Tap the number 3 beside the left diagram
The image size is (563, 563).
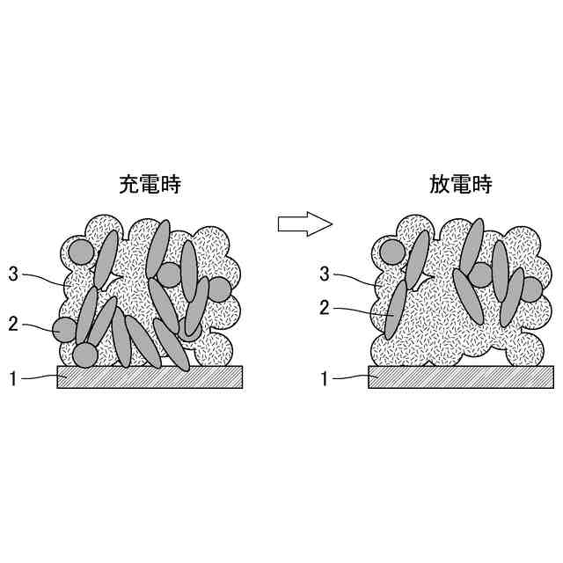click(13, 274)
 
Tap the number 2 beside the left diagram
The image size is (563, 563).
click(13, 323)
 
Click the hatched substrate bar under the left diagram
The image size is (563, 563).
click(150, 377)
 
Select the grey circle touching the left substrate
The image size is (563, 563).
click(84, 355)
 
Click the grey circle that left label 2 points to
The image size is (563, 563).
click(64, 330)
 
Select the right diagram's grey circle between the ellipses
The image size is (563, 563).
click(480, 274)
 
